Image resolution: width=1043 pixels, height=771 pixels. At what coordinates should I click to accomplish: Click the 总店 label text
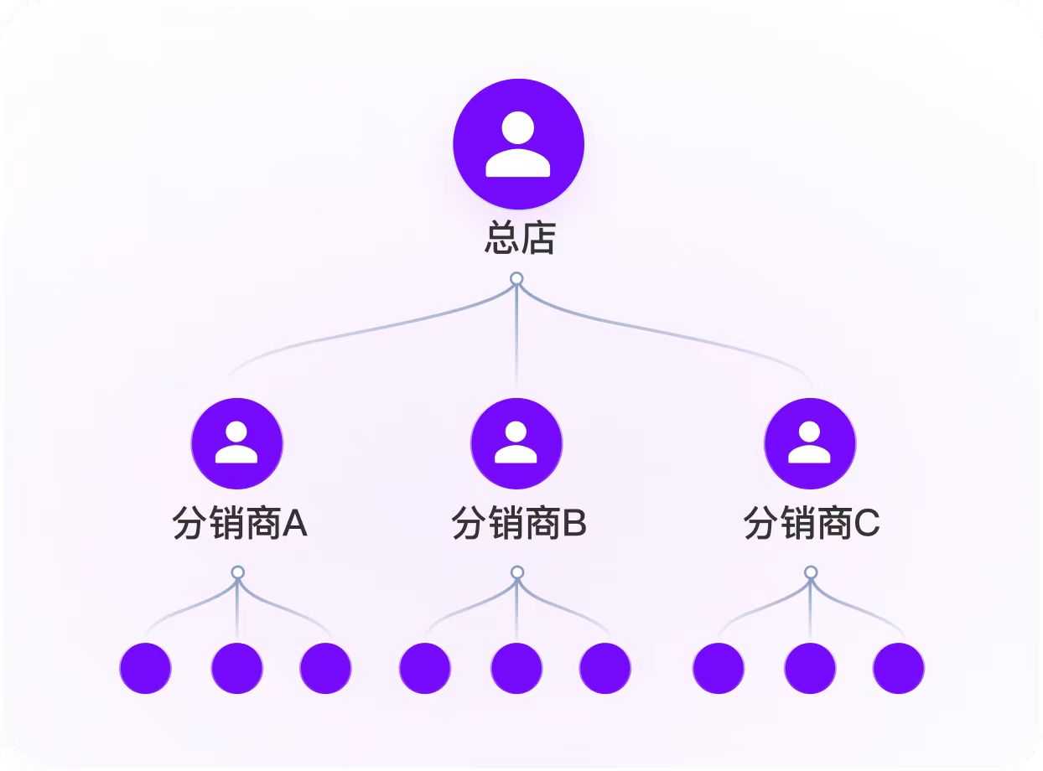[520, 239]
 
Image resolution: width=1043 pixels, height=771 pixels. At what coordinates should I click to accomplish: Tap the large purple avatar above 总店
[518, 143]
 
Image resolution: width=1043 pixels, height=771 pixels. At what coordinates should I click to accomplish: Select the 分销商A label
[240, 525]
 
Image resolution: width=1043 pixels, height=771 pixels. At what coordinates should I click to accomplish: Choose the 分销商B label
[519, 525]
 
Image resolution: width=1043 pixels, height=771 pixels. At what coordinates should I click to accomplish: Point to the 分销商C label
[811, 525]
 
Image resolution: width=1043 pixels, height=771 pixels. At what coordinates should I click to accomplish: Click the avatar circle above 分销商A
[236, 443]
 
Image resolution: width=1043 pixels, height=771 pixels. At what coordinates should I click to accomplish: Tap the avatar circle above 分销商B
[516, 443]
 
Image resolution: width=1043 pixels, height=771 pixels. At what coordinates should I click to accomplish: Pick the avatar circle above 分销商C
[810, 443]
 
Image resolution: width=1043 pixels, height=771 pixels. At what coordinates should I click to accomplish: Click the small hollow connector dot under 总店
[516, 278]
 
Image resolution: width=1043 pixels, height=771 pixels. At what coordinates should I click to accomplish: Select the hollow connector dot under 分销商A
[237, 572]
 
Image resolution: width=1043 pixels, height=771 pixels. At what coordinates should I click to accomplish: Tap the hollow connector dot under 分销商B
[517, 572]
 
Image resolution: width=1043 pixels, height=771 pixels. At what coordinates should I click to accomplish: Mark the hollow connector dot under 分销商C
[810, 572]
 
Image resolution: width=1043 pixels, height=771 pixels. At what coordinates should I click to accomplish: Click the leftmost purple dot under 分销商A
[145, 668]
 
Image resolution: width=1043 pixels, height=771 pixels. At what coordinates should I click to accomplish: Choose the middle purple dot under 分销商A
[236, 668]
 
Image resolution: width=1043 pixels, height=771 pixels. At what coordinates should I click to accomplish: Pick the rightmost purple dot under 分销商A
[325, 668]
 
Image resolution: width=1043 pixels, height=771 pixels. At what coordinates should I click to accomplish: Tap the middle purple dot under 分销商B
[516, 668]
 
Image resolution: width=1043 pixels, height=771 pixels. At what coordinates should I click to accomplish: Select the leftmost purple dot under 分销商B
[425, 668]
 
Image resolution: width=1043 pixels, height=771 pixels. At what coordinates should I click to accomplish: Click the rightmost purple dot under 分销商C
[898, 668]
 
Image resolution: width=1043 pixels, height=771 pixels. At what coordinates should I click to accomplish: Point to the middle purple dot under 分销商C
[810, 668]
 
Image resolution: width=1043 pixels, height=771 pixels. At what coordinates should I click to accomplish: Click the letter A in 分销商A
[294, 525]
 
